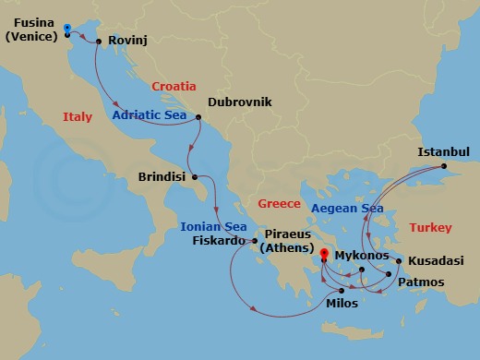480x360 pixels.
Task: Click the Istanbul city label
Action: click(444, 151)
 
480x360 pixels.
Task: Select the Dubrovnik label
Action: click(240, 102)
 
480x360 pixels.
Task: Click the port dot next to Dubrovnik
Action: click(199, 117)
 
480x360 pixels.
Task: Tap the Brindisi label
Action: click(162, 175)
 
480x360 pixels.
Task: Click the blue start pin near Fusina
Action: click(68, 30)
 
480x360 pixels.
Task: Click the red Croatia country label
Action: click(174, 85)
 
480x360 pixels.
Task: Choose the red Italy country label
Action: click(78, 117)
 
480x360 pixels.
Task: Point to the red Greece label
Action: click(281, 202)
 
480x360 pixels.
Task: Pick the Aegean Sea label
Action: click(348, 209)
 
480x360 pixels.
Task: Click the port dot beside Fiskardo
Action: click(254, 242)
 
